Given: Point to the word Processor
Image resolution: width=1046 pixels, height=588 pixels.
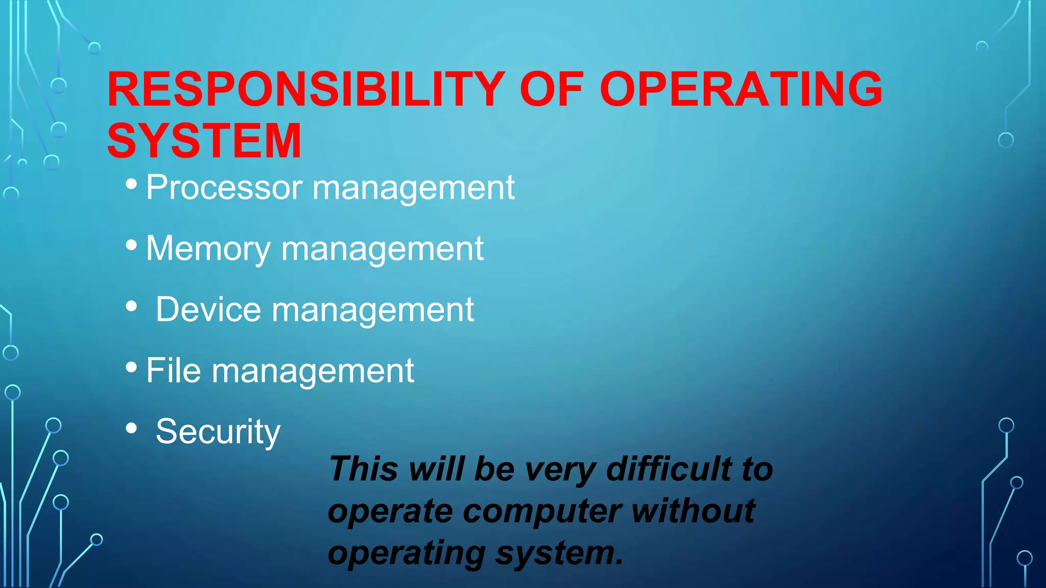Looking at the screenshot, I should click(224, 187).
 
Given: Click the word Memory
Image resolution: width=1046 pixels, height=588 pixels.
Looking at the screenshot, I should click(208, 249).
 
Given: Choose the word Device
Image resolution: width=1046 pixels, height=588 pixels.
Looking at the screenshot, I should click(208, 309).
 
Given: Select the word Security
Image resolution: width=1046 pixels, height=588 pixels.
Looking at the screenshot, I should click(218, 432).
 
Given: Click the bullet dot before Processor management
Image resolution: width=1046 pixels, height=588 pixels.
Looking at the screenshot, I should click(131, 184).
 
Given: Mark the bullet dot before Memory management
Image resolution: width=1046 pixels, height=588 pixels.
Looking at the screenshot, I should click(131, 245).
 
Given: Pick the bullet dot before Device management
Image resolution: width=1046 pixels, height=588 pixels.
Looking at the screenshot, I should click(131, 306).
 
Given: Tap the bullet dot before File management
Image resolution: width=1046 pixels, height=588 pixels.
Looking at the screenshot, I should click(131, 367).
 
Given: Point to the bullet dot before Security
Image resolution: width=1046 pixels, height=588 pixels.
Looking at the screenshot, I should click(131, 428).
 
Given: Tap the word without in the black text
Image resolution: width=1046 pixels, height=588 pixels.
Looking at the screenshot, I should click(693, 511).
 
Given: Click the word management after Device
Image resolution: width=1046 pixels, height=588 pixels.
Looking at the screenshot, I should click(373, 310).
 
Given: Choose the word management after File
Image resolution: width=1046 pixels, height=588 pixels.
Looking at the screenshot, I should click(313, 371).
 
